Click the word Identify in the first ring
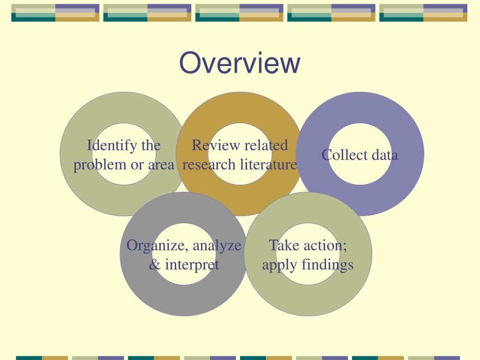(107, 146)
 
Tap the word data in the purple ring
(385, 155)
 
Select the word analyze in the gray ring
(217, 246)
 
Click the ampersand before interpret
(154, 265)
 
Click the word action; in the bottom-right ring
(324, 246)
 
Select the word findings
(327, 265)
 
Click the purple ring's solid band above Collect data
(360, 107)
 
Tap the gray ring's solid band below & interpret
(183, 300)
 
